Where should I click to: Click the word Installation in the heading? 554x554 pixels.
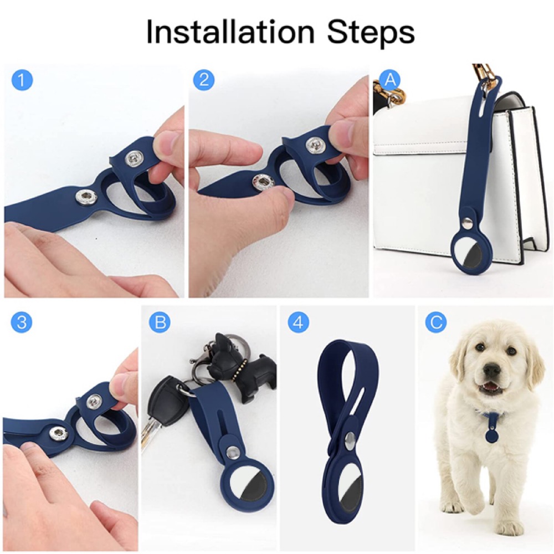click(230, 32)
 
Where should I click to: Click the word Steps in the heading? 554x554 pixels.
click(371, 33)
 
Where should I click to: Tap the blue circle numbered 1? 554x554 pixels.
click(22, 80)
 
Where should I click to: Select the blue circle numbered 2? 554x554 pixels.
click(204, 80)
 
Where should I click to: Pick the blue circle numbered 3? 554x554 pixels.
click(22, 322)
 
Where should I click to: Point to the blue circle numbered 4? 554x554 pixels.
click(299, 322)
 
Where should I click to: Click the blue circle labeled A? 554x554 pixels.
click(389, 79)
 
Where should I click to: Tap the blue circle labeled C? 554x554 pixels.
click(436, 322)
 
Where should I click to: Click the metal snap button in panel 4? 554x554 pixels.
click(351, 442)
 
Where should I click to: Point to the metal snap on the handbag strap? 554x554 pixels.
click(468, 223)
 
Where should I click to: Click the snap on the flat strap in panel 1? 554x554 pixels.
click(86, 196)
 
